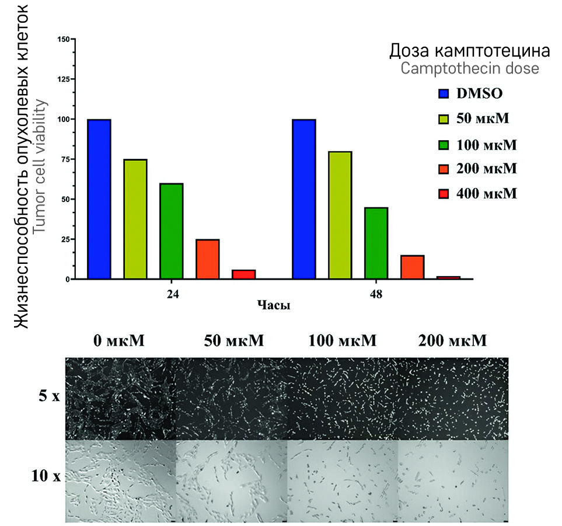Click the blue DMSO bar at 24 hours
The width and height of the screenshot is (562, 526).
click(x=99, y=199)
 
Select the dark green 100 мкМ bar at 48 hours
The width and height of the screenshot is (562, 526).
click(x=376, y=243)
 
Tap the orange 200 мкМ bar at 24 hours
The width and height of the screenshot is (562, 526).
click(x=208, y=259)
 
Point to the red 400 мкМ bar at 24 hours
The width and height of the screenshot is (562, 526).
click(x=243, y=274)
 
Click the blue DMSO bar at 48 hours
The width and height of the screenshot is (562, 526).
click(x=304, y=199)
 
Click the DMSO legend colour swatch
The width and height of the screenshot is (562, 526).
click(x=444, y=93)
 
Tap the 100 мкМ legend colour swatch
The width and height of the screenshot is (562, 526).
click(x=444, y=144)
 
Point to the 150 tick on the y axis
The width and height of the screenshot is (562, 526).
click(x=64, y=39)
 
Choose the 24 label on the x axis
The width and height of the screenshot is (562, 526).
click(x=172, y=294)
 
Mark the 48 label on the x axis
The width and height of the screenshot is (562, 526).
click(x=376, y=294)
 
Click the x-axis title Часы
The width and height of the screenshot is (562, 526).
click(x=274, y=305)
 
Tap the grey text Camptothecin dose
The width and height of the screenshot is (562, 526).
click(x=469, y=68)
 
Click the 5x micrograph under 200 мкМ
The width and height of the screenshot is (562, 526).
click(x=453, y=399)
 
